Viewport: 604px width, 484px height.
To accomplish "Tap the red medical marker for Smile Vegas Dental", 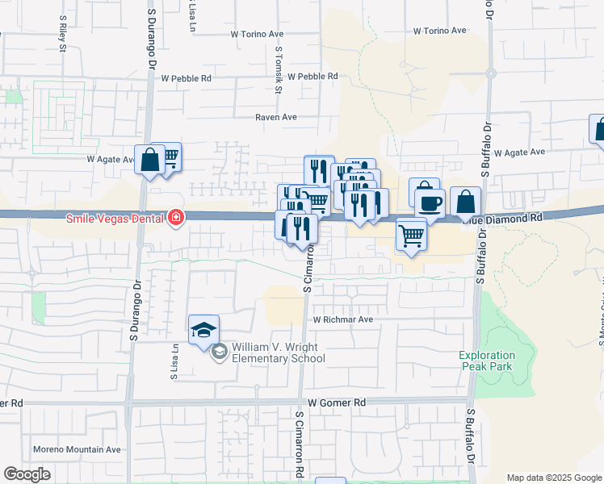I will coord(175,218).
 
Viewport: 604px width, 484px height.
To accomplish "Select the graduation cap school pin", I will coord(204,330).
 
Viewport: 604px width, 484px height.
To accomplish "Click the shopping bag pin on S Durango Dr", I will coord(150,160).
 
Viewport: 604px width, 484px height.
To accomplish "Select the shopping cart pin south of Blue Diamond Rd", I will coord(411,236).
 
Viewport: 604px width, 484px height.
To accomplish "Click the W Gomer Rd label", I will coord(337,402).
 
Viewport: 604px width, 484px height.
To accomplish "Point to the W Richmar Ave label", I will coord(343,319).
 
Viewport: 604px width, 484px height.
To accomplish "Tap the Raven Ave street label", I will coord(277,117).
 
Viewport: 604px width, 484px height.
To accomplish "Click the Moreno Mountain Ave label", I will coord(77,449).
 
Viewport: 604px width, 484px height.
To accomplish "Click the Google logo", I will coord(27,474).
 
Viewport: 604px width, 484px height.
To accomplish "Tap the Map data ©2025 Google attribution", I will coord(554,478).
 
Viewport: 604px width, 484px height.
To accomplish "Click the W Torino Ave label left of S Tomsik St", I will coord(257,35).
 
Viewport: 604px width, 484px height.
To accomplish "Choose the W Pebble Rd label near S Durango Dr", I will coord(186,78).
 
